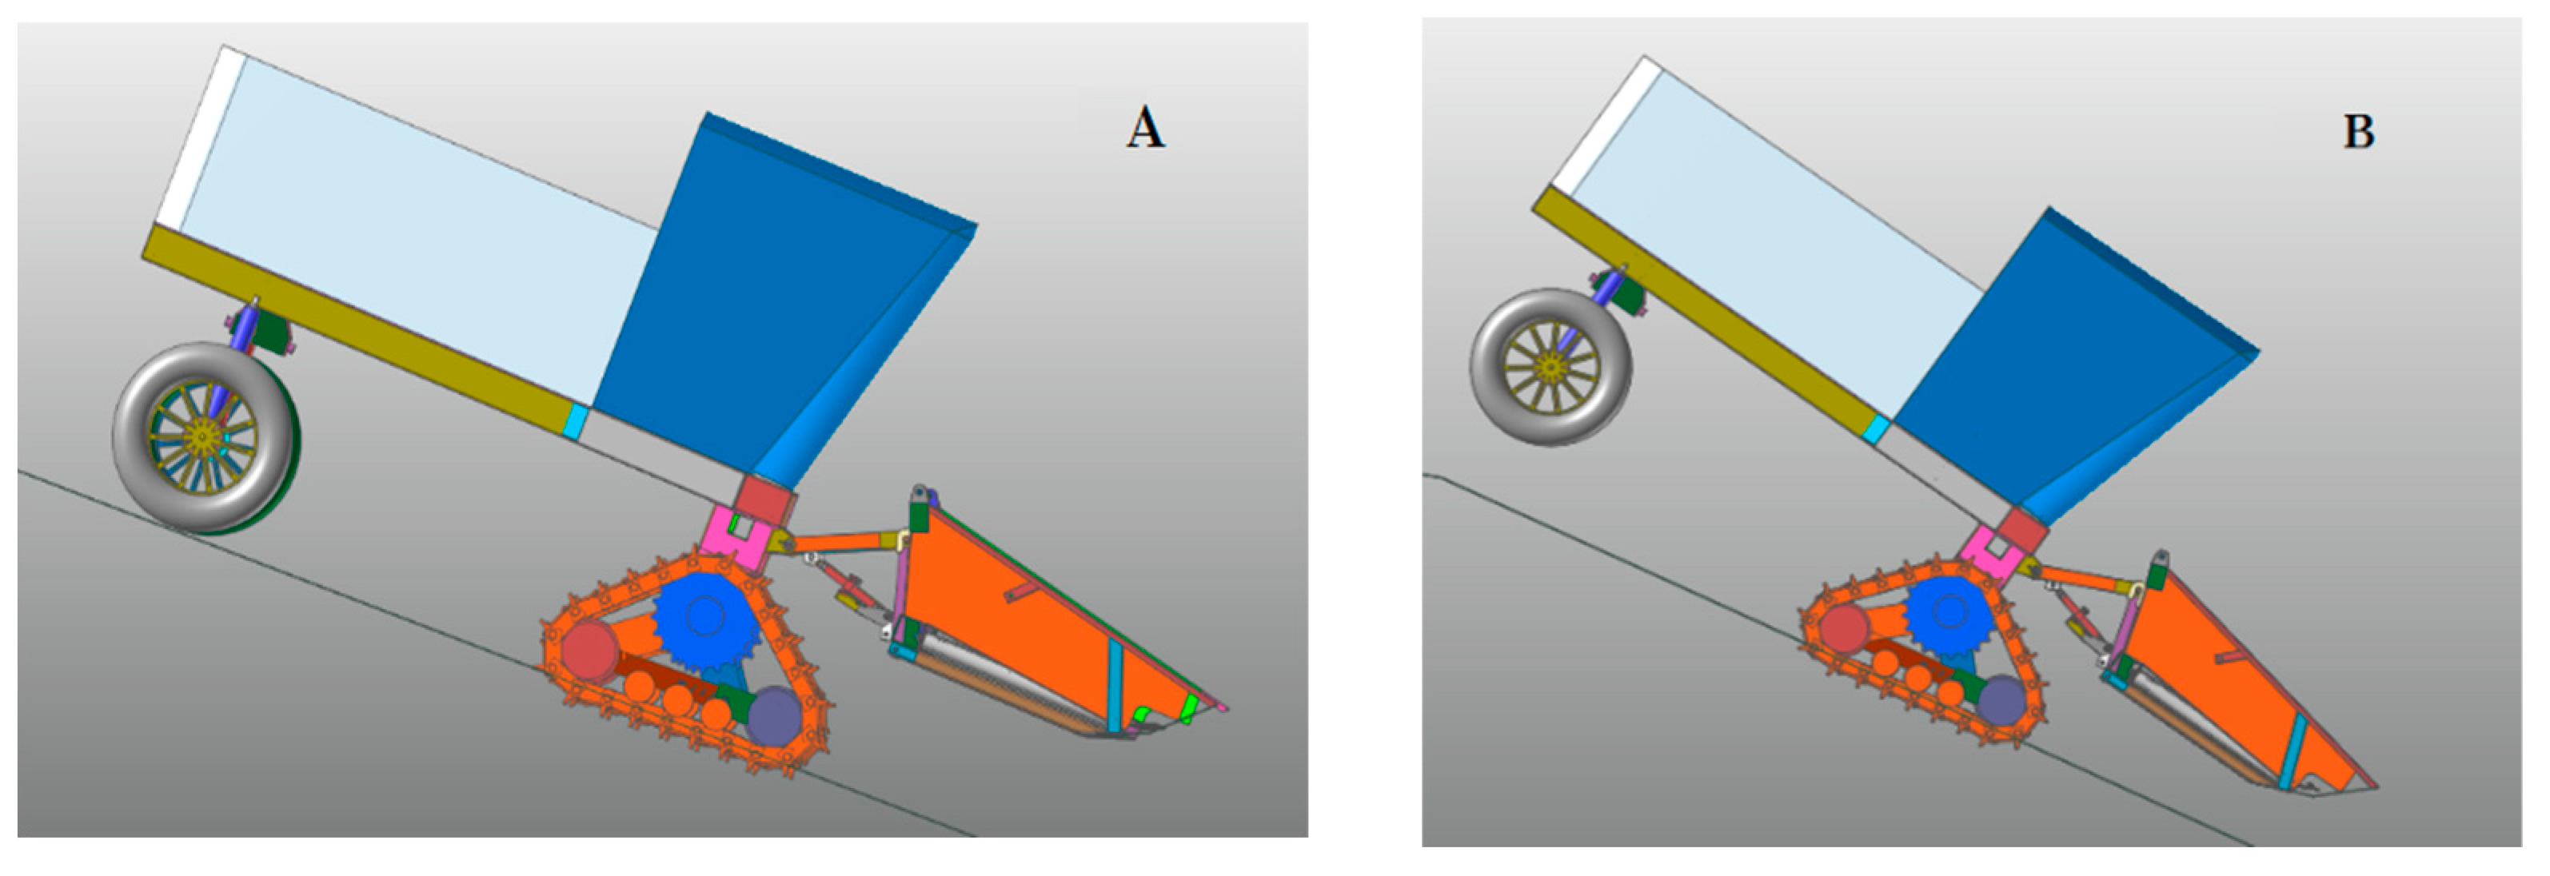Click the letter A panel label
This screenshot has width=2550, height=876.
pyautogui.click(x=1145, y=129)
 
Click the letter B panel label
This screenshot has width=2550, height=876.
pyautogui.click(x=2359, y=132)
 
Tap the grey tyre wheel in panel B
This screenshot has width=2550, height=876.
pyautogui.click(x=1551, y=367)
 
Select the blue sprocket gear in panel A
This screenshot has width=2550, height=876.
pyautogui.click(x=704, y=619)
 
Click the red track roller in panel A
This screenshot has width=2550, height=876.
pyautogui.click(x=590, y=651)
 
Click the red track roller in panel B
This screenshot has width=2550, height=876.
pyautogui.click(x=1843, y=628)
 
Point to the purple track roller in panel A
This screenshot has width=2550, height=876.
pyautogui.click(x=775, y=718)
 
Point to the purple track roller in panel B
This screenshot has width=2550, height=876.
pyautogui.click(x=2001, y=701)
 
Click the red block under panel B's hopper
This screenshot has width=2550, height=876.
pyautogui.click(x=2023, y=531)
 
